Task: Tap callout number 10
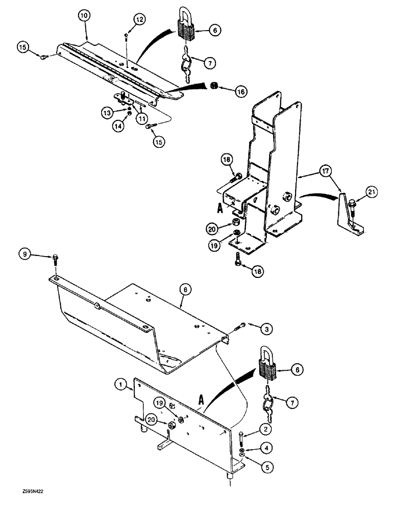tap(85, 16)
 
